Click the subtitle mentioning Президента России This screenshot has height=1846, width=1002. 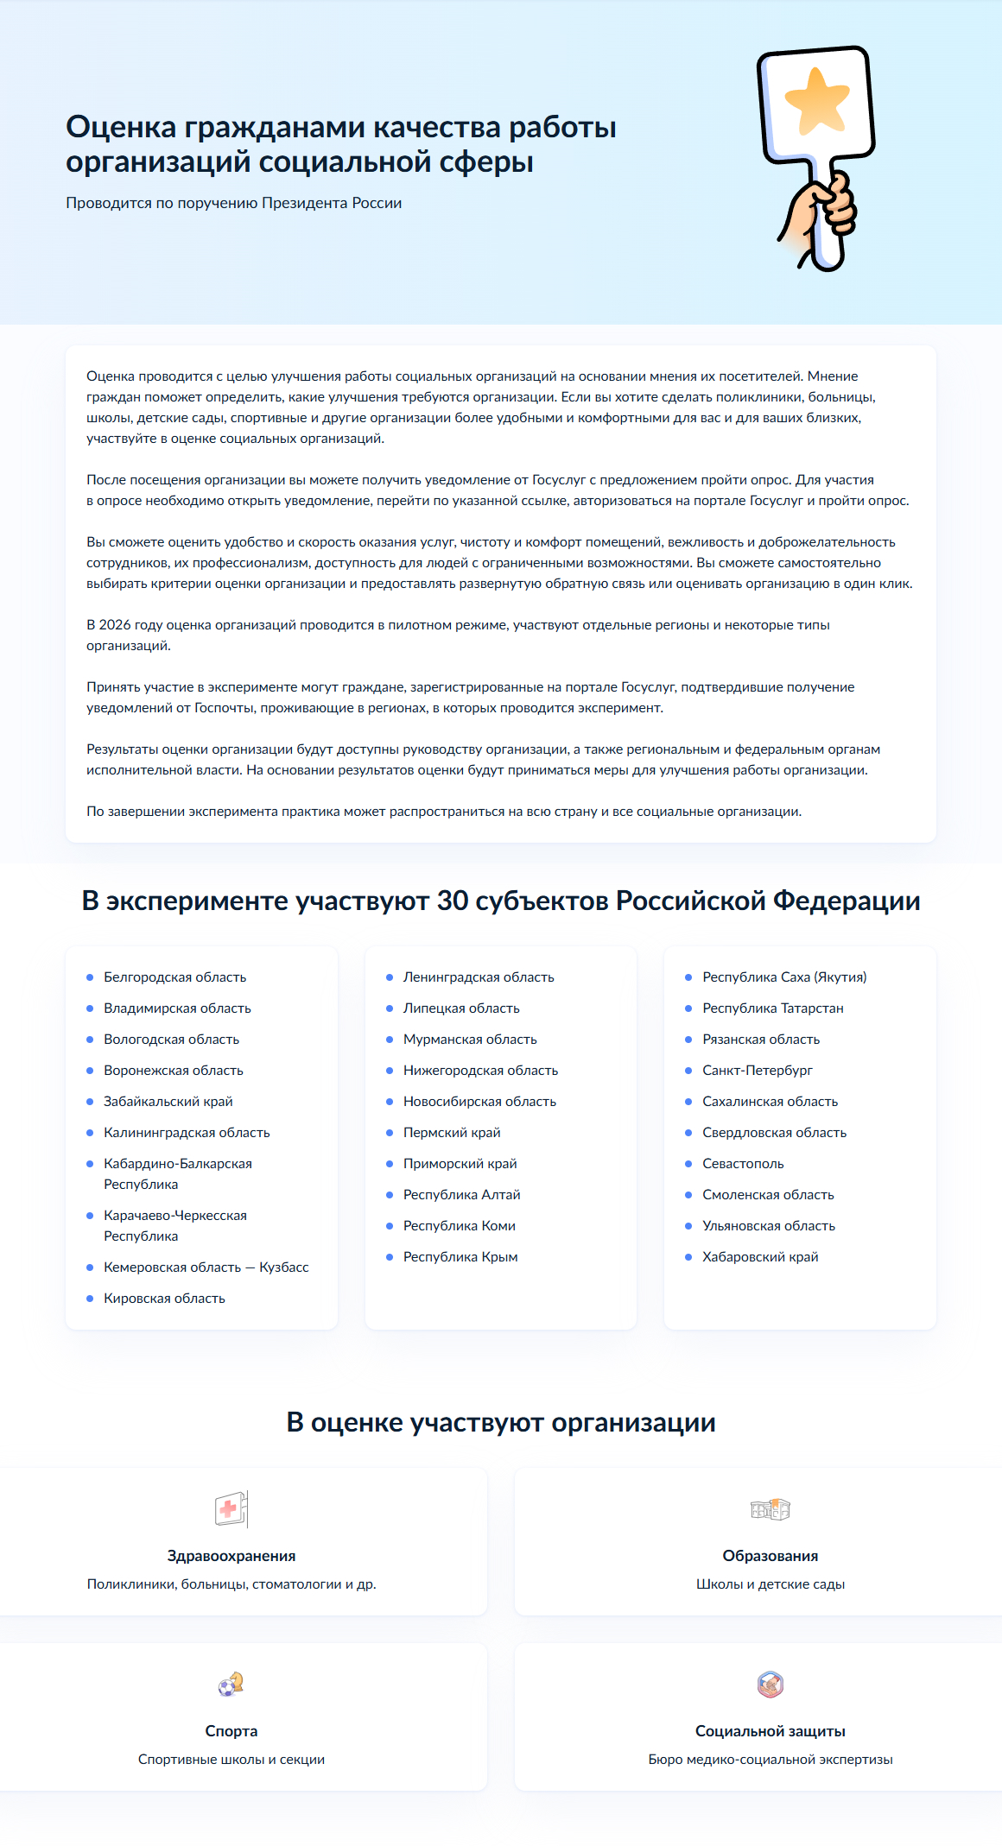(233, 203)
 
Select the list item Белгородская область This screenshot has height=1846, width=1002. (174, 977)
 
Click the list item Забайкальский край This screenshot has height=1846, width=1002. (168, 1102)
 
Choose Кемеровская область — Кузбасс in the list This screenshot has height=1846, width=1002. (206, 1268)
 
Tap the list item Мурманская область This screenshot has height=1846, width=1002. (470, 1040)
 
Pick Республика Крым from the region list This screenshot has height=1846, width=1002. (460, 1257)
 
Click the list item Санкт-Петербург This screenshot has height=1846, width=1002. (757, 1071)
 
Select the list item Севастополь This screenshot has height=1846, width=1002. (743, 1164)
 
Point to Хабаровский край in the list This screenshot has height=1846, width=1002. (760, 1257)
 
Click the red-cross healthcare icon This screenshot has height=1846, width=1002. (231, 1509)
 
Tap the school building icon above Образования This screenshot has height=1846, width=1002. (771, 1508)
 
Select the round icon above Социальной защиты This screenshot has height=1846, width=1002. (771, 1684)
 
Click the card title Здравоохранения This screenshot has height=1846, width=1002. (231, 1556)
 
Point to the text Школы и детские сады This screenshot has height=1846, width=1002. (771, 1584)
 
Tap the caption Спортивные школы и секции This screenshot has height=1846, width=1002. (231, 1760)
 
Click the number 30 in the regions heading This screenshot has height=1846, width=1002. (453, 901)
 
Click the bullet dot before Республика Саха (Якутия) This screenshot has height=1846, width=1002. (688, 977)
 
